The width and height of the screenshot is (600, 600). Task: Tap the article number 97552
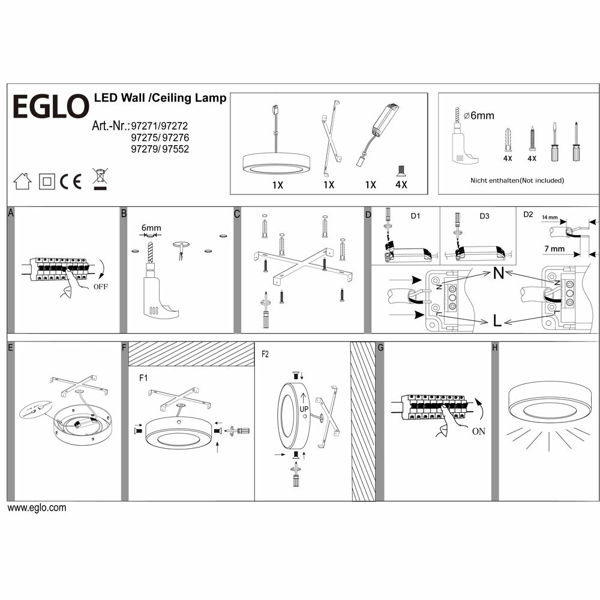176,149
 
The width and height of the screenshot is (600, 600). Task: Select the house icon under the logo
22,181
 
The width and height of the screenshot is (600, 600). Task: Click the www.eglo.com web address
37,508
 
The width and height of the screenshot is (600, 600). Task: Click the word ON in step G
479,431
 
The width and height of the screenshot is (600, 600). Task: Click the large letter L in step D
497,321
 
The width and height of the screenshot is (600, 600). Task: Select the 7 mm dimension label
554,248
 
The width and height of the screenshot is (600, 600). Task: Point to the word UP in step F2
305,409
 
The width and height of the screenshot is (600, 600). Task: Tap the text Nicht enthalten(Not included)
517,181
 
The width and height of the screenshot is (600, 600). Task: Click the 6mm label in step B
151,228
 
